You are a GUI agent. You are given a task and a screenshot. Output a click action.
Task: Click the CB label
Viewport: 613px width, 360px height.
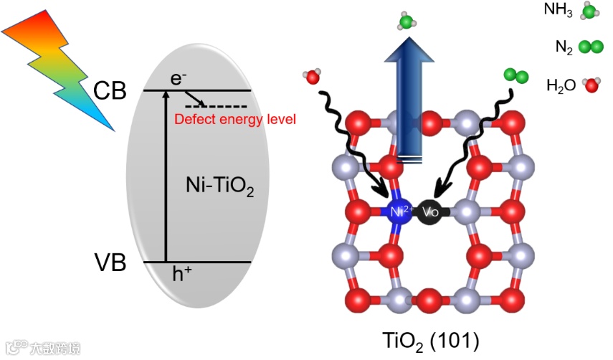tap(110, 90)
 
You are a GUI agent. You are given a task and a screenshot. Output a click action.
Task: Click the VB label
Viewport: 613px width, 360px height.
tap(110, 263)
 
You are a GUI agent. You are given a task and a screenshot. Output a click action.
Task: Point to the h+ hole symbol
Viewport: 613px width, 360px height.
tap(182, 273)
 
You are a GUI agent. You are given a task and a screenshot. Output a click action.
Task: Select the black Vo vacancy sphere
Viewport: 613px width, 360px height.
tap(430, 212)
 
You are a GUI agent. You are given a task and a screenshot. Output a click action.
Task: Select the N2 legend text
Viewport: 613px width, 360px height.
tap(564, 47)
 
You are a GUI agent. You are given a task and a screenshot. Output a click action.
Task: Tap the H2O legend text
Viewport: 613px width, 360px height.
tap(561, 86)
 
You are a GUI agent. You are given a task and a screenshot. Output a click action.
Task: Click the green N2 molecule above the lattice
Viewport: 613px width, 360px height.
tap(513, 74)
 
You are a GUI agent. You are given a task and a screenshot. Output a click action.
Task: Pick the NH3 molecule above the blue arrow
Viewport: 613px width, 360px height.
tap(407, 22)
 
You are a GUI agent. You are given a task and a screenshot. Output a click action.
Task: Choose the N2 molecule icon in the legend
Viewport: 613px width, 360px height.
tap(591, 47)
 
